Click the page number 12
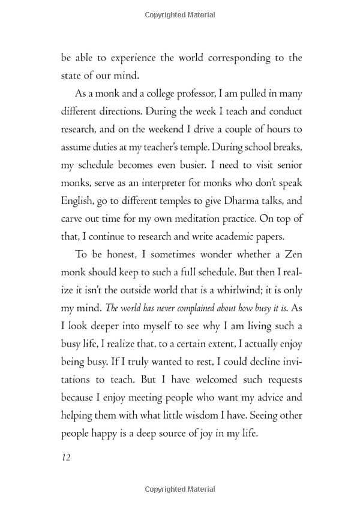(x=66, y=458)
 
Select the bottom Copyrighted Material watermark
(x=179, y=491)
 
